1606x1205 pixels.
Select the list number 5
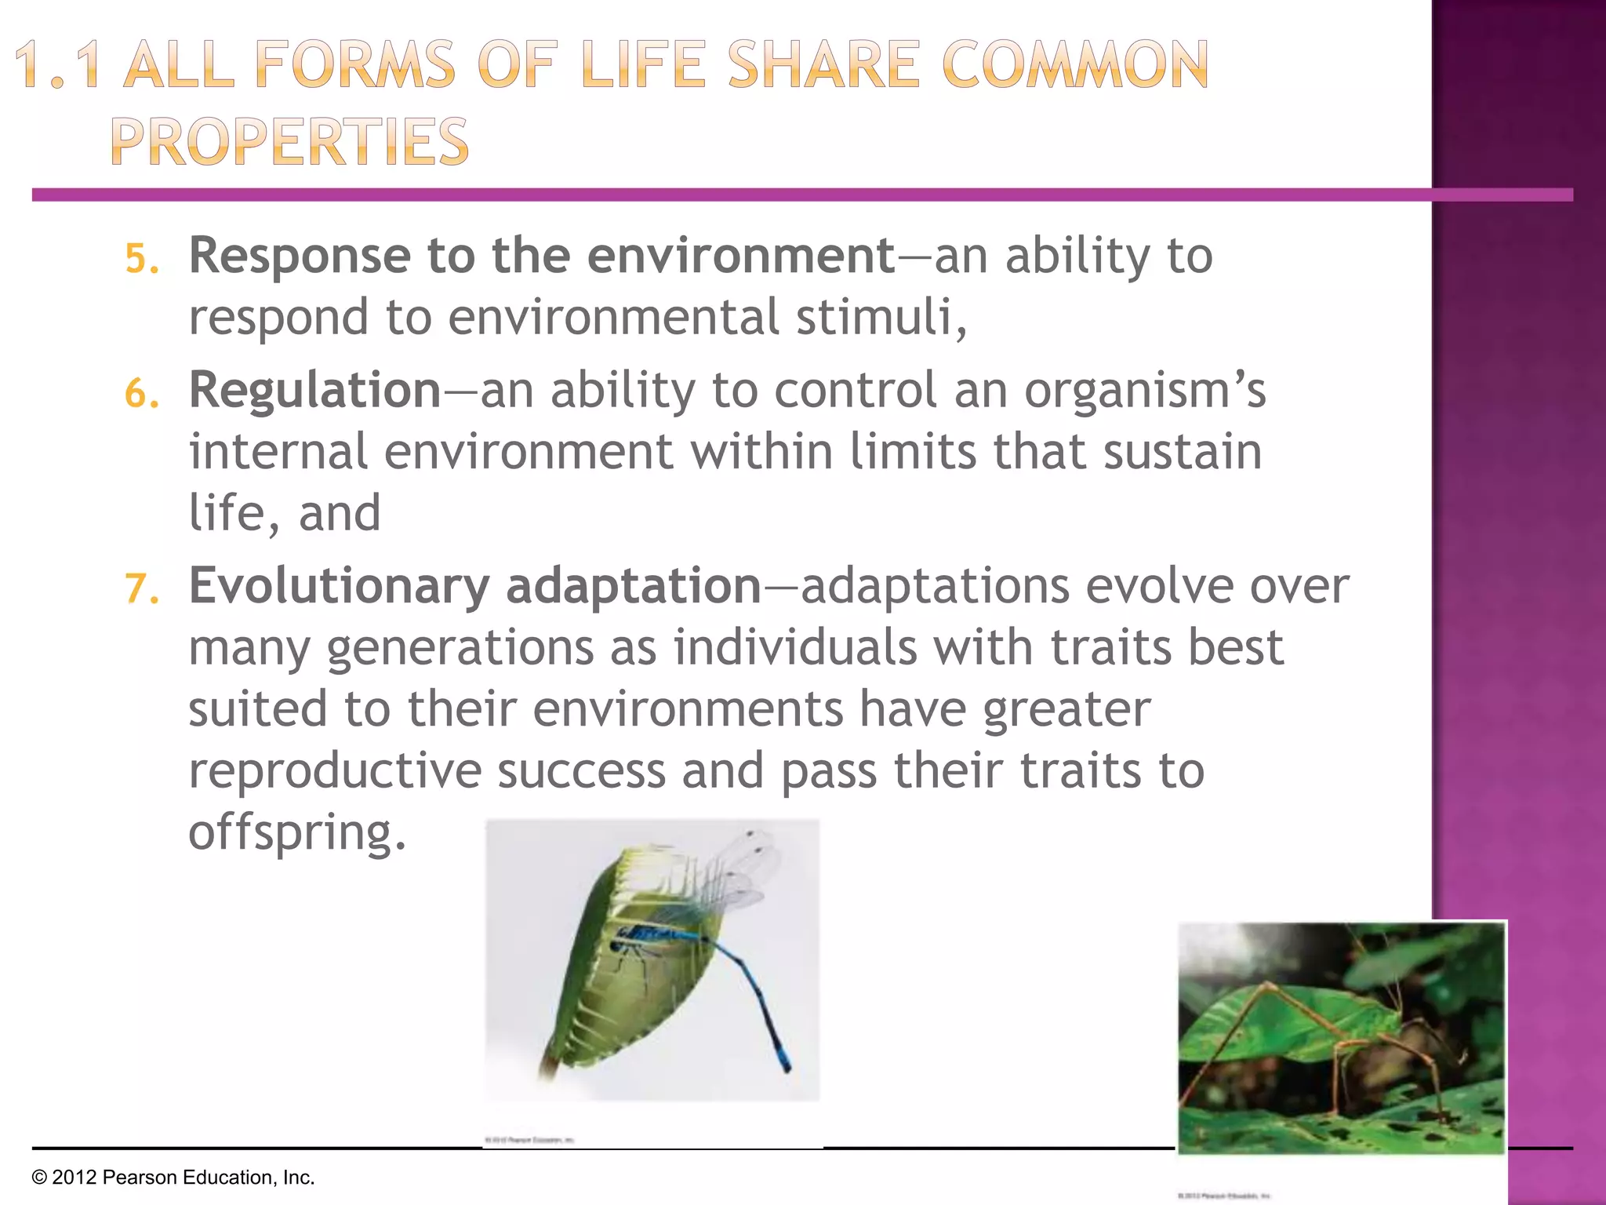(141, 259)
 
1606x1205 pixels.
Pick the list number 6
(141, 393)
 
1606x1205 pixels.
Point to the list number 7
(141, 589)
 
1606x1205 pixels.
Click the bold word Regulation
(315, 390)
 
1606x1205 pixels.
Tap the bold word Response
(300, 256)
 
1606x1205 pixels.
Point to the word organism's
(1144, 390)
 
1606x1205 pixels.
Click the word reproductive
(334, 770)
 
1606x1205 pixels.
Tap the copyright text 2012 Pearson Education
(173, 1178)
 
